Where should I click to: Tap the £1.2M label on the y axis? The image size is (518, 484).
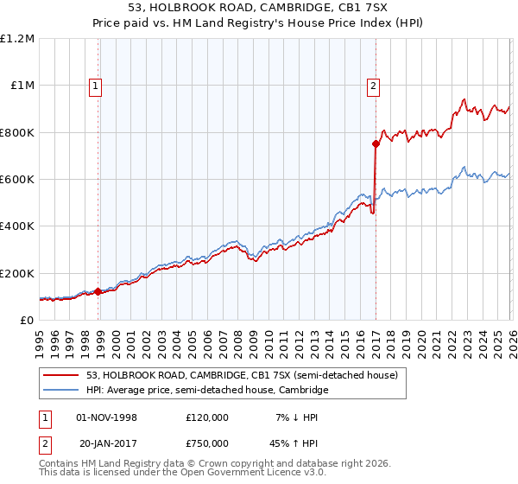coord(18,39)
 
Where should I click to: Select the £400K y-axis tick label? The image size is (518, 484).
coord(16,226)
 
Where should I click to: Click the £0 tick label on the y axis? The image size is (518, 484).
coord(26,320)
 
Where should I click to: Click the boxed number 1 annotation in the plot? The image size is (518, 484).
coord(94,85)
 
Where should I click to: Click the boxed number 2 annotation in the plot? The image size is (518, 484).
coord(373,85)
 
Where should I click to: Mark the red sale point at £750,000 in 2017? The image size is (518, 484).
coord(376,144)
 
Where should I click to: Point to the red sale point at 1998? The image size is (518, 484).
coord(98,292)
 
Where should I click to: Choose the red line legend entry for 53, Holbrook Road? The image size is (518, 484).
coord(242,375)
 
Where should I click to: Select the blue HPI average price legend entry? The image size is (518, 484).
coord(207,391)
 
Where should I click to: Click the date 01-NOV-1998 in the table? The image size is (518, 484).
coord(107,417)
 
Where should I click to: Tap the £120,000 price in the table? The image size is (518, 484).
coord(207,417)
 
